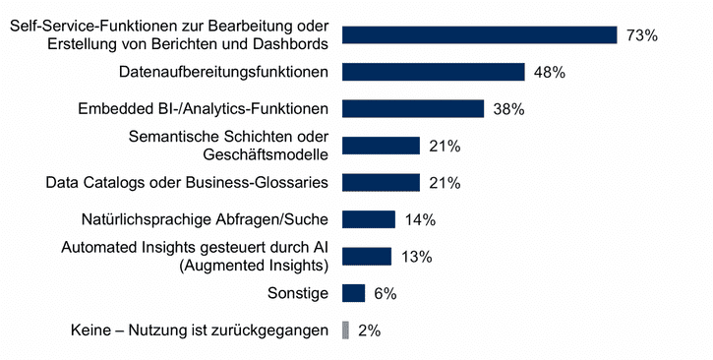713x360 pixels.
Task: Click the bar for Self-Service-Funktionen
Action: [x=479, y=35]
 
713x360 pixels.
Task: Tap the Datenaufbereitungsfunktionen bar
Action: [x=433, y=72]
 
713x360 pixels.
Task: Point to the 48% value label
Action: [x=549, y=72]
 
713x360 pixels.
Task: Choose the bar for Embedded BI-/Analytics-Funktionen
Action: [x=412, y=108]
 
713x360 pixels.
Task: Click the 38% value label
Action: [x=508, y=109]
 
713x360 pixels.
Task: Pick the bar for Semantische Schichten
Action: [x=381, y=146]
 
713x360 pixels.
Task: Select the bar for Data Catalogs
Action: [x=381, y=182]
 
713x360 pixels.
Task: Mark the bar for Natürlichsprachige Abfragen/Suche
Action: [x=368, y=219]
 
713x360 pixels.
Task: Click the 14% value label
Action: [x=419, y=219]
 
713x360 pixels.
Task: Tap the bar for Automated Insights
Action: [x=366, y=256]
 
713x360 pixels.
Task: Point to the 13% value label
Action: [x=416, y=257]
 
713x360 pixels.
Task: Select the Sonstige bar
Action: [x=353, y=293]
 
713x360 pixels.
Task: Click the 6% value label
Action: [x=385, y=293]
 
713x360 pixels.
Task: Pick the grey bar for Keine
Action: [x=344, y=330]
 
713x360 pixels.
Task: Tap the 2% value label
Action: [x=370, y=330]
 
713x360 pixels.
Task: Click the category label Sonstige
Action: [x=298, y=293]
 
